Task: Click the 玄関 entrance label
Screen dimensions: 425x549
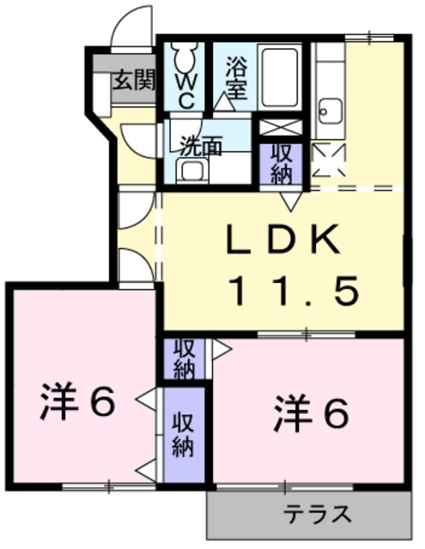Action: (x=134, y=81)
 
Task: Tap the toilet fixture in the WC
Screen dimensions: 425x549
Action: (x=185, y=55)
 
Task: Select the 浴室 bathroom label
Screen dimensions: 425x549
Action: (x=236, y=78)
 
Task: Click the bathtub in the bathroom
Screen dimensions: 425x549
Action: (x=280, y=76)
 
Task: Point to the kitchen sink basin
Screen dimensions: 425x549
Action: (x=330, y=111)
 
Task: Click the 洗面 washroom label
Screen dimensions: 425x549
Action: (x=201, y=146)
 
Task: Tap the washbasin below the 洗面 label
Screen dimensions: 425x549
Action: (x=192, y=171)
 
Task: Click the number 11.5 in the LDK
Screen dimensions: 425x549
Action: (x=294, y=290)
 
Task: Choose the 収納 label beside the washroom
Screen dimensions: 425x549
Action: (x=280, y=164)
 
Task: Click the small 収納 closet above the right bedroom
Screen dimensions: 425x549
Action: (x=185, y=359)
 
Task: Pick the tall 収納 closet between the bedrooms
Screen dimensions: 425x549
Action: (x=184, y=435)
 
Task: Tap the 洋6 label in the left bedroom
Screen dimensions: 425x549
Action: (x=77, y=401)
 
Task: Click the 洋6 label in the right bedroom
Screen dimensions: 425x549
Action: (x=311, y=413)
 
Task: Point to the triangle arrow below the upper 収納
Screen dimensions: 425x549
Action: (x=290, y=201)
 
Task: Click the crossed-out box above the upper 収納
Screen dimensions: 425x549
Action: (x=280, y=127)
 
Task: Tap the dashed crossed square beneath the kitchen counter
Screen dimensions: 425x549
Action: (x=329, y=160)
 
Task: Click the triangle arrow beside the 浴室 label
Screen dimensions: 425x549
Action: (x=223, y=102)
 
